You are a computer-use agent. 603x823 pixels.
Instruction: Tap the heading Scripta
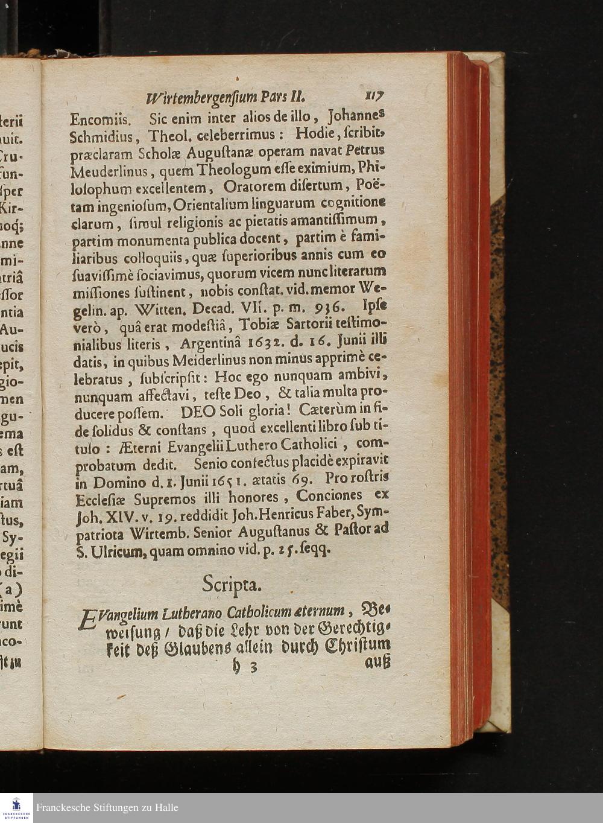pos(232,584)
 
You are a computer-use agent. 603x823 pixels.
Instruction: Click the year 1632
pos(268,344)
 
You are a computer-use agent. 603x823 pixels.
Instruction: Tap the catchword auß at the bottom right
pos(378,662)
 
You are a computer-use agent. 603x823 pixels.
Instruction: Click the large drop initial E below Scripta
pos(88,620)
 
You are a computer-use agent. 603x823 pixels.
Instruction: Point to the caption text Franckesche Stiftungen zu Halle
pos(107,808)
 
